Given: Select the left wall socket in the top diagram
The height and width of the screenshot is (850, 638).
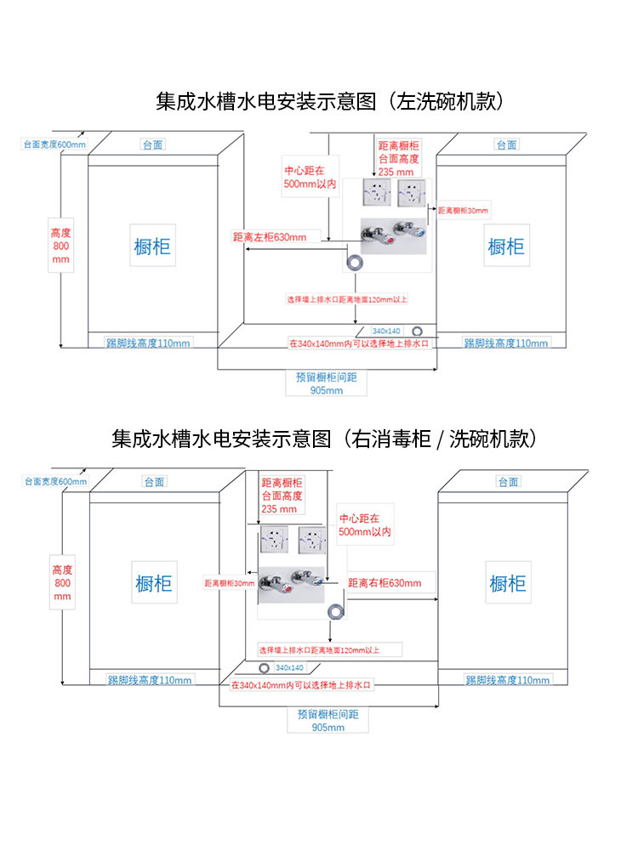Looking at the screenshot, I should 375,194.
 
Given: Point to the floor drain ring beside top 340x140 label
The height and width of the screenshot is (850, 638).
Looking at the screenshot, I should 418,331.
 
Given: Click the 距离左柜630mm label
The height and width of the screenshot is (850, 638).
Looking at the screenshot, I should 270,237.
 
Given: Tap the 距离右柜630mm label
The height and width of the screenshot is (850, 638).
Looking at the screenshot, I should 385,583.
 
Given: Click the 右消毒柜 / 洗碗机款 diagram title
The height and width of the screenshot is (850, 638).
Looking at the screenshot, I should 323,439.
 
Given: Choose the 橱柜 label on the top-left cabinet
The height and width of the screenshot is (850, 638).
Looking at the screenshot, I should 152,246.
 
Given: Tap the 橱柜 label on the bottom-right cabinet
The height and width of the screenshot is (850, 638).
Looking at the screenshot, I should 508,584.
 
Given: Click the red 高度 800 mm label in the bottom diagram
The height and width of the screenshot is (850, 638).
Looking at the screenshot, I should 62,582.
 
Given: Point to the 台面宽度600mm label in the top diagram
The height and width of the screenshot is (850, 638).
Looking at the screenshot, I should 54,144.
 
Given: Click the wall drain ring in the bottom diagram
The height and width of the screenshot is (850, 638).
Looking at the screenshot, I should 336,610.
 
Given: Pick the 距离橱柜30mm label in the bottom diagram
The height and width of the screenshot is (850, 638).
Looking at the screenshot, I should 229,584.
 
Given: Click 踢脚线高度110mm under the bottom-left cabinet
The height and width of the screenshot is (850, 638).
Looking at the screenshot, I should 150,680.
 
